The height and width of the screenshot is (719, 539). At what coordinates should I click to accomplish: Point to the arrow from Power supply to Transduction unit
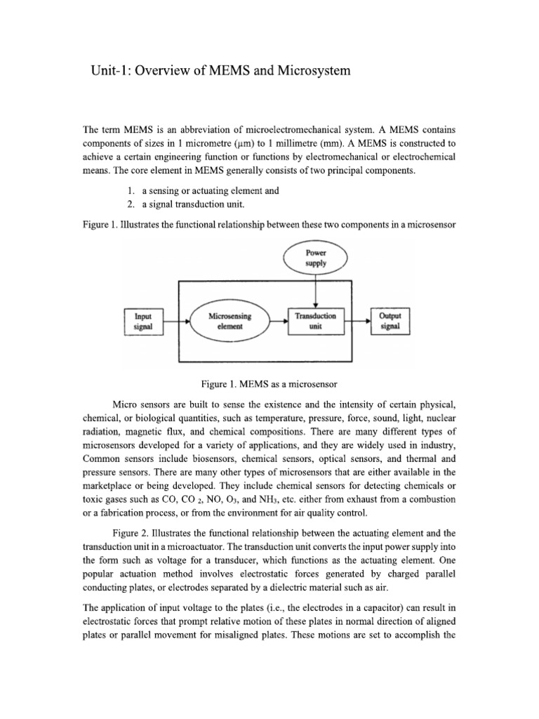point(317,291)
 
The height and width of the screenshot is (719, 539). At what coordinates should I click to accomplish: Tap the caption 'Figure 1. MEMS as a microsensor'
point(269,384)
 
